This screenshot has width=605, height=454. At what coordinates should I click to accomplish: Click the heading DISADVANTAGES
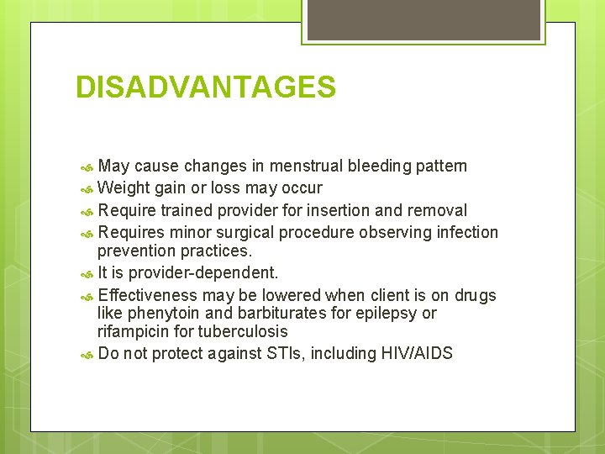[x=205, y=87]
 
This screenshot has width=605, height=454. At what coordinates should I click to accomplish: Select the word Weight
[x=124, y=187]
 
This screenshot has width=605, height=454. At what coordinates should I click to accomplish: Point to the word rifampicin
[x=136, y=331]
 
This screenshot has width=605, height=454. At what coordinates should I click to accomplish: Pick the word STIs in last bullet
[x=287, y=353]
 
